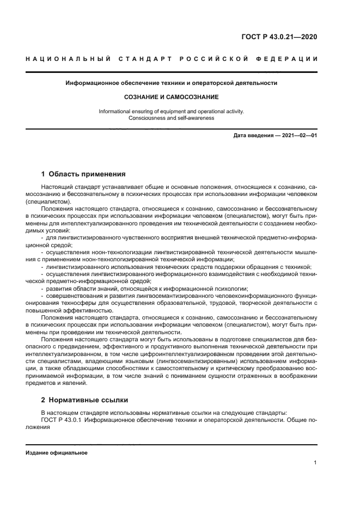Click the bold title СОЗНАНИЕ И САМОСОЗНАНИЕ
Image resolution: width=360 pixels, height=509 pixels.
[x=171, y=97]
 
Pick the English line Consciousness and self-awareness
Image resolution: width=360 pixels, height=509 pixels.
[x=171, y=118]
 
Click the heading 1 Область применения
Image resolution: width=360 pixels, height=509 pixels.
[x=83, y=174]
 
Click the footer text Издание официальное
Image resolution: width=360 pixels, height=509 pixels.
[x=57, y=452]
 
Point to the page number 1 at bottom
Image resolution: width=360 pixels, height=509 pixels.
[x=315, y=463]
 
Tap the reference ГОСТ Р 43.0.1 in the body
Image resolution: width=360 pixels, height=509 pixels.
[x=61, y=420]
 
